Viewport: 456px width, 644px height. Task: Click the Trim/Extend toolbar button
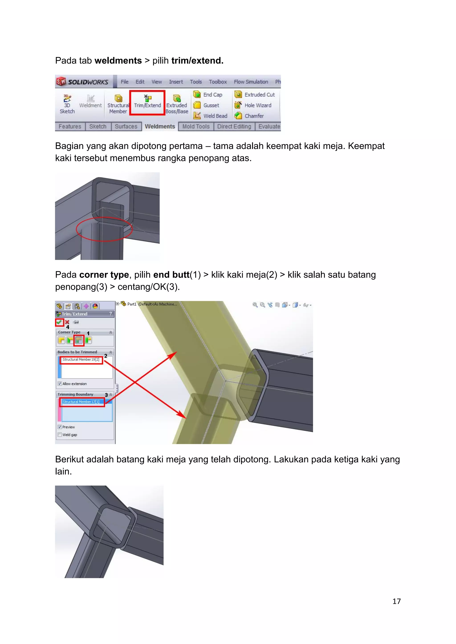tap(147, 102)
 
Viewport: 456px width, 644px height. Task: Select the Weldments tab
tap(160, 127)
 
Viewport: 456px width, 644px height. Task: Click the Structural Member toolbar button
tap(118, 104)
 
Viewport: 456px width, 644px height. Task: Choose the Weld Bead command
tap(211, 116)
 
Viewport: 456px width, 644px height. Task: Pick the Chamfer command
tap(249, 116)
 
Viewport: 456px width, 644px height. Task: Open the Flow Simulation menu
tap(251, 82)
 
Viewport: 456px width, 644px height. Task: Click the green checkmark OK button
tap(59, 322)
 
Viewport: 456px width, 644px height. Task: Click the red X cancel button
tap(67, 322)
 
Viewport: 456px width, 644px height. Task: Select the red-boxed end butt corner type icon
tap(79, 340)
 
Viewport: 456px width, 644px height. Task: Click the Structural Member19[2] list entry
tap(81, 360)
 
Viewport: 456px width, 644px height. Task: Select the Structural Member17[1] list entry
tap(81, 402)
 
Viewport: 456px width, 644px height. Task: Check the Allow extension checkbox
tap(60, 384)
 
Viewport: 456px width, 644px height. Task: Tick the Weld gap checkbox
tap(60, 435)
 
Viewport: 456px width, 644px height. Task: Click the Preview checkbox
tap(60, 427)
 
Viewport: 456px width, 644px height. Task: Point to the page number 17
tap(396, 601)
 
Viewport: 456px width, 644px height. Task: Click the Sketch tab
tap(98, 127)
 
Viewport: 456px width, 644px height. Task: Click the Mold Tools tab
tap(196, 127)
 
